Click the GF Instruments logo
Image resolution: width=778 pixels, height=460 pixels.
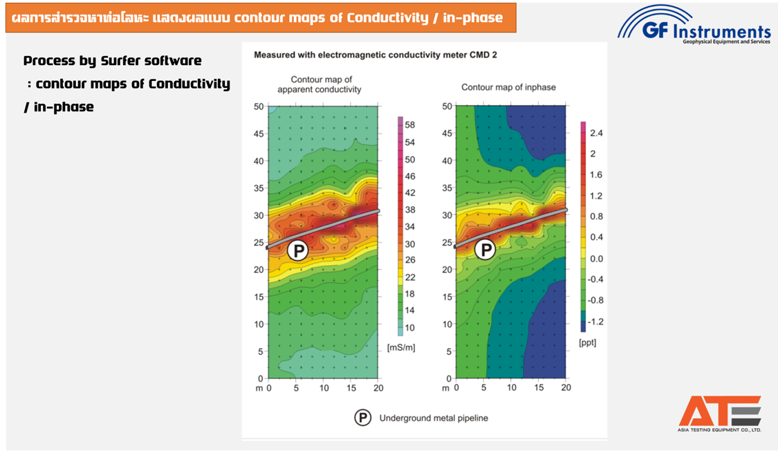[x=694, y=26]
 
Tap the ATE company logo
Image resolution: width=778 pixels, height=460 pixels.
[x=719, y=413]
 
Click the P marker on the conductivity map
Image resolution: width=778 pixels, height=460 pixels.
[x=297, y=250]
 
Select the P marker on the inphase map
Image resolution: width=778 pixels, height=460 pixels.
[x=485, y=250]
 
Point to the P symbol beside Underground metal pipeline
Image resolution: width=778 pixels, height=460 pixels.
[x=363, y=418]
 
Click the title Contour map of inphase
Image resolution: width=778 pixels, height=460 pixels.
[x=508, y=87]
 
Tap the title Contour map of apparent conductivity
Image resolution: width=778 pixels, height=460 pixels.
[x=319, y=84]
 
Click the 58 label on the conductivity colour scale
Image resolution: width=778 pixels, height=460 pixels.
[x=409, y=125]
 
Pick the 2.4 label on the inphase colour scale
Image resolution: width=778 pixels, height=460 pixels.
[x=597, y=133]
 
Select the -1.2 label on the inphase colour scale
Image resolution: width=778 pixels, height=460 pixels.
[x=595, y=322]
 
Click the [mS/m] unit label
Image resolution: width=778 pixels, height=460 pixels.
[x=401, y=347]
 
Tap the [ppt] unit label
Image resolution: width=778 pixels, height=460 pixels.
[x=587, y=342]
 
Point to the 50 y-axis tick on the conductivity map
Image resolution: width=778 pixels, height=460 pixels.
[x=259, y=107]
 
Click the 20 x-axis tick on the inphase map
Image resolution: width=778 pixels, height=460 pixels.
[x=566, y=387]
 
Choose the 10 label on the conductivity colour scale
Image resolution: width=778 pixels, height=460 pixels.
[x=409, y=328]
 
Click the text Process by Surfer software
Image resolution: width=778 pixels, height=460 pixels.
[x=113, y=61]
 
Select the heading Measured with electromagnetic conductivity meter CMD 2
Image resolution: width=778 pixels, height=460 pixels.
[x=376, y=54]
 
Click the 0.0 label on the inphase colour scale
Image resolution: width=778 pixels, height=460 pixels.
[x=596, y=259]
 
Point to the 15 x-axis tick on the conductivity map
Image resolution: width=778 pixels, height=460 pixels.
[x=351, y=387]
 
